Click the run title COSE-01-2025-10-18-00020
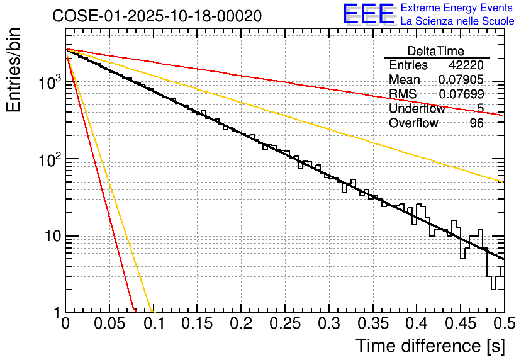click(157, 16)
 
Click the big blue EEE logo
click(368, 14)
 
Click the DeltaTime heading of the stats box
click(435, 51)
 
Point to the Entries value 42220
click(466, 65)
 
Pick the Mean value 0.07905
click(461, 79)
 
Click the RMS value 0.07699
click(461, 94)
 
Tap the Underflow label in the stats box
click(417, 108)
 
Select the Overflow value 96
click(476, 123)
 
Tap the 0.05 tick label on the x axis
click(109, 324)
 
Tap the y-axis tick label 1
click(57, 313)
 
